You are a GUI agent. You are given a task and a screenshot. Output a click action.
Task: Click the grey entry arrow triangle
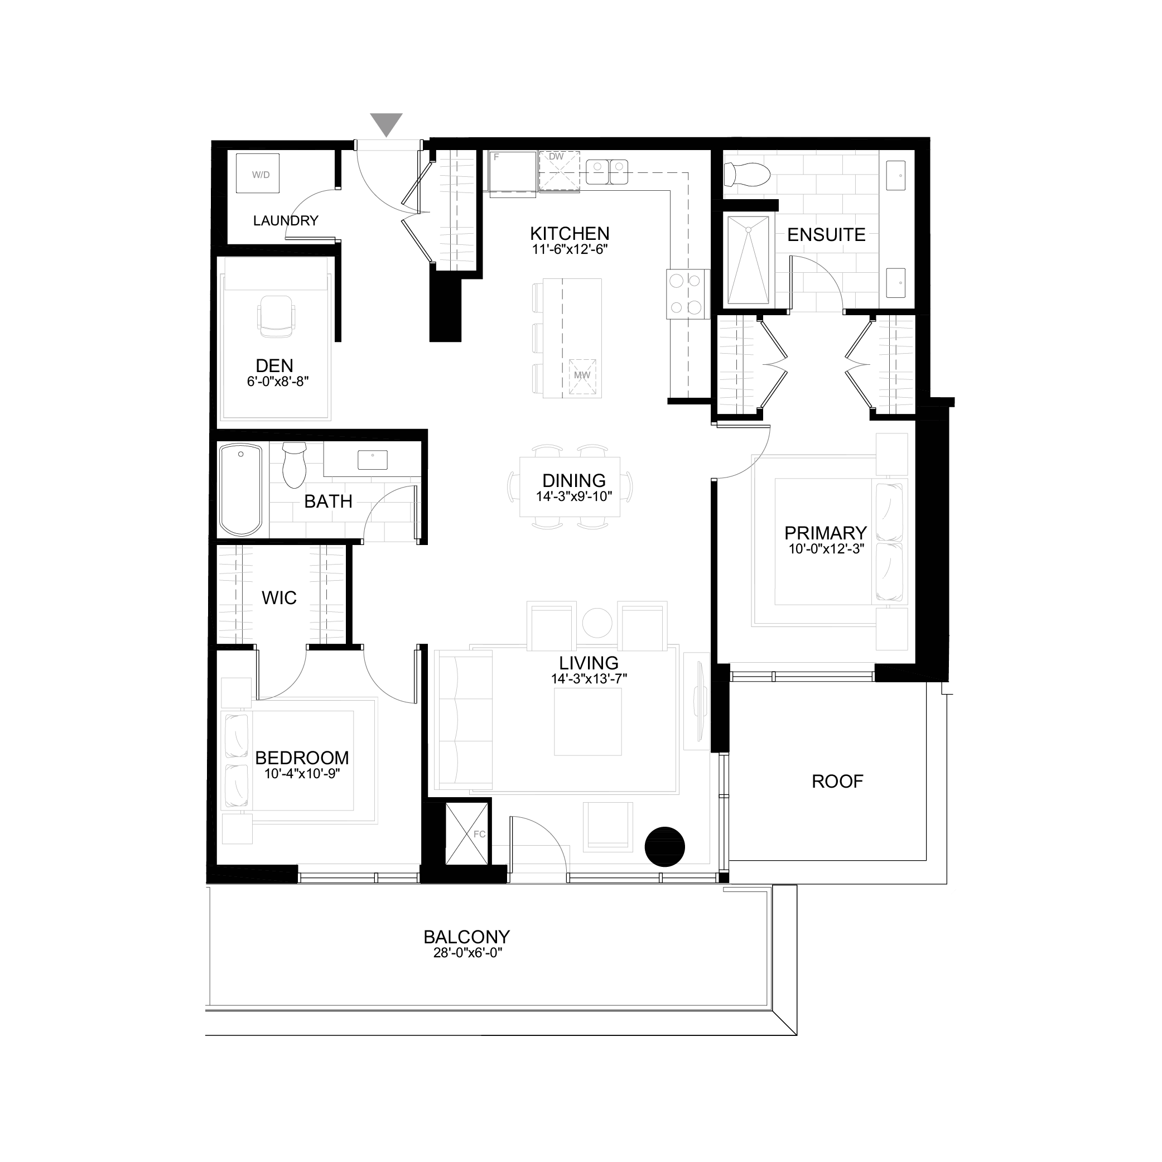[x=386, y=124]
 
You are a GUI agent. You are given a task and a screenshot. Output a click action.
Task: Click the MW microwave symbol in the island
[x=582, y=377]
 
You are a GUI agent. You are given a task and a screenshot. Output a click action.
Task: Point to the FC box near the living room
[x=467, y=834]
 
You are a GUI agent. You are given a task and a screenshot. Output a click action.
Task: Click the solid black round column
[x=664, y=847]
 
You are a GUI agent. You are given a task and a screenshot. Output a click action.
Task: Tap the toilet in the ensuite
[x=747, y=175]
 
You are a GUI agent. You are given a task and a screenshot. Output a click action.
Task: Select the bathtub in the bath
[x=241, y=490]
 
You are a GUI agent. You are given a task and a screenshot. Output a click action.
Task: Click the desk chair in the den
[x=277, y=315]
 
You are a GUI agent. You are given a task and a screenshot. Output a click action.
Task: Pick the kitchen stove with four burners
[x=686, y=293]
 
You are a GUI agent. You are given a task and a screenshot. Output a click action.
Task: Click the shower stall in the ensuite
[x=748, y=261]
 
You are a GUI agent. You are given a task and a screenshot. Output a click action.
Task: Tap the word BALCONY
[x=467, y=937]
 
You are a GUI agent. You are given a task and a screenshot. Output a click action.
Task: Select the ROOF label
[x=837, y=782]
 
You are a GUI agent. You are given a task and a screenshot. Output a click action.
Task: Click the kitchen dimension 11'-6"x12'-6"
[x=570, y=249]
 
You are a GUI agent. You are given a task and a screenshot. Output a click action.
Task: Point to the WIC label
[x=279, y=598]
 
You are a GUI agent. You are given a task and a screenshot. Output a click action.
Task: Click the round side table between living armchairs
[x=597, y=622]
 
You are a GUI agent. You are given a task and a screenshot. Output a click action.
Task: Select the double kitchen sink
[x=607, y=172]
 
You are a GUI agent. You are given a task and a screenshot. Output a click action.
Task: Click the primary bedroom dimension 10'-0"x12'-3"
[x=826, y=548]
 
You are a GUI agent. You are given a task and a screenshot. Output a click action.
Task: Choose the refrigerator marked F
[x=512, y=173]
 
